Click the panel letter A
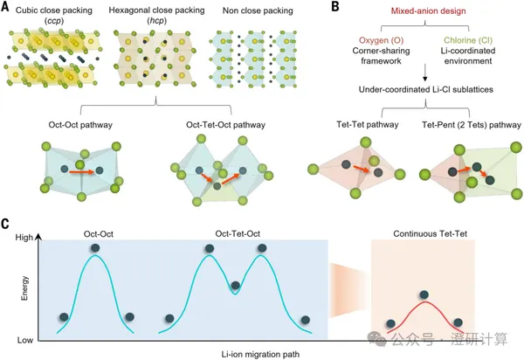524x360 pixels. (x=5, y=6)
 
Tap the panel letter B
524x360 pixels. (x=335, y=6)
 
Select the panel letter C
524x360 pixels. (x=5, y=224)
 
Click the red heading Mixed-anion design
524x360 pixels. (x=428, y=11)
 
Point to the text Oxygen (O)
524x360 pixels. (x=382, y=40)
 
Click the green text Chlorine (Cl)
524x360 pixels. (x=468, y=40)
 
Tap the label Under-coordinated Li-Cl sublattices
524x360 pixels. (x=426, y=90)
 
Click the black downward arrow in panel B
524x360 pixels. (x=425, y=73)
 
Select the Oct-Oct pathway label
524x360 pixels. (x=80, y=125)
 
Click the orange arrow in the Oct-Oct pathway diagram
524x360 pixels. (x=82, y=172)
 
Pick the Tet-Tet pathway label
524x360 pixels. (x=368, y=125)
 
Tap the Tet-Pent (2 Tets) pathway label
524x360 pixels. (x=472, y=125)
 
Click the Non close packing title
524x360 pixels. (x=258, y=11)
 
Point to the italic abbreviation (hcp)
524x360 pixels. (x=156, y=21)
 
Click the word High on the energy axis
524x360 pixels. (x=24, y=238)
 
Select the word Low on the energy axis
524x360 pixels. (x=25, y=340)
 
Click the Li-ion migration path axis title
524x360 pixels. (x=260, y=354)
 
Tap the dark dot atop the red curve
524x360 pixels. (x=424, y=294)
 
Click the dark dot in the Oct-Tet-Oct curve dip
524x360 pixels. (x=235, y=286)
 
